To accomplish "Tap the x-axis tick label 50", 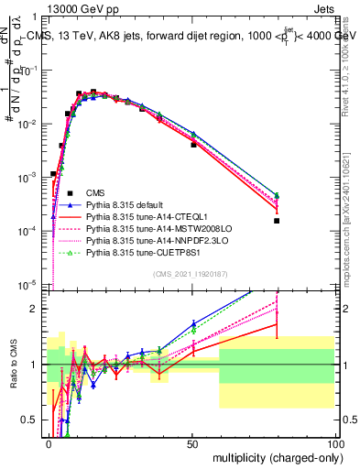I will point(192,443).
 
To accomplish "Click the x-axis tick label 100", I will point(333,443).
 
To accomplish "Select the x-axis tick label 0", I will point(49,443).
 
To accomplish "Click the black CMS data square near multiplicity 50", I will point(193,145).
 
